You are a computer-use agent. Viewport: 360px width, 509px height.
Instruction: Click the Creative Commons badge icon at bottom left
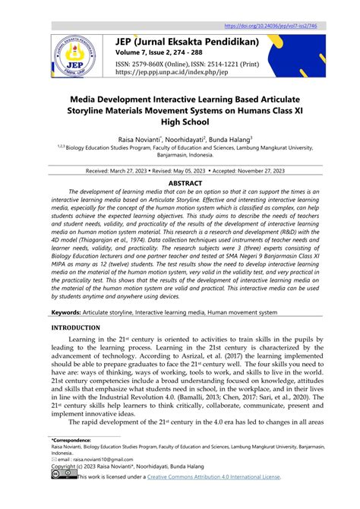pos(63,476)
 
